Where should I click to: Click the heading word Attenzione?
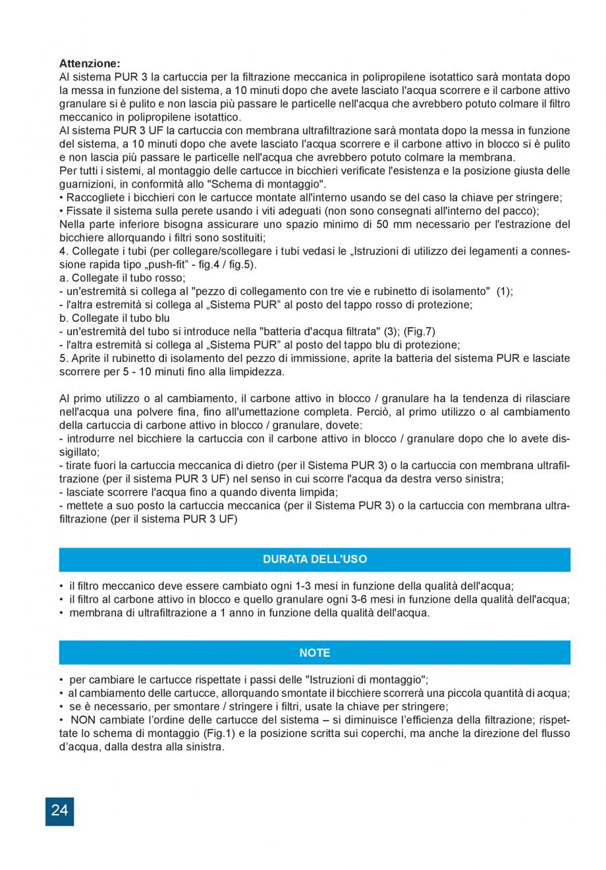(x=90, y=64)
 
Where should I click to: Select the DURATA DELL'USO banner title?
(x=315, y=559)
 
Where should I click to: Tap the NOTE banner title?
(x=315, y=653)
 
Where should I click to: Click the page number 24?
(x=59, y=811)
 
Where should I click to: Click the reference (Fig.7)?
(x=419, y=332)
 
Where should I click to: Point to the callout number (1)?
(x=505, y=292)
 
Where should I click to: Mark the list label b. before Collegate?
(x=64, y=319)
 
